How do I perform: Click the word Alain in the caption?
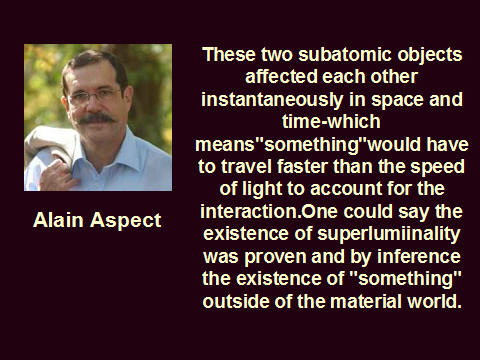coord(58,220)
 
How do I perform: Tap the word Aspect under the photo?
coord(126,221)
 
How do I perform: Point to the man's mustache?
coord(96,118)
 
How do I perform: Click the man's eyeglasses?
coord(95,96)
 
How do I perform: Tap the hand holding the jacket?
coord(57,174)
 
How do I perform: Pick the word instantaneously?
coord(272,99)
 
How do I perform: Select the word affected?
coord(281,77)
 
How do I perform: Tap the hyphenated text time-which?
coord(331,121)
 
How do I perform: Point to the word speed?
coord(437,167)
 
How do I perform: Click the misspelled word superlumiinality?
coord(389,234)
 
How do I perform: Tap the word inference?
coord(419,256)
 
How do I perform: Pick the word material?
coord(366,301)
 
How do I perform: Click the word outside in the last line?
coord(236,301)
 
